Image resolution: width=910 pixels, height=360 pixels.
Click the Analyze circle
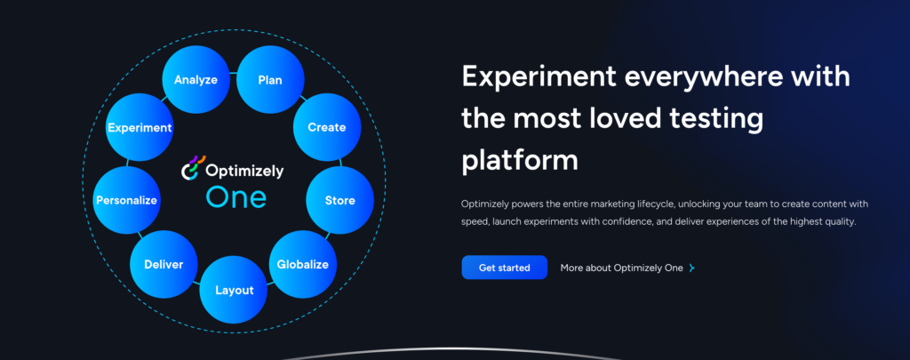click(x=196, y=80)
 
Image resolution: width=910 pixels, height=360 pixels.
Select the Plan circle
click(x=270, y=80)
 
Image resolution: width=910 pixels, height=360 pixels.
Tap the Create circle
click(x=326, y=127)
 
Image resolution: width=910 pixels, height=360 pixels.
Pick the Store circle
click(x=339, y=200)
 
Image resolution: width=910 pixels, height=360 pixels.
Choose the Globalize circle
click(x=302, y=264)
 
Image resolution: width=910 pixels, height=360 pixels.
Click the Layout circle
click(x=234, y=290)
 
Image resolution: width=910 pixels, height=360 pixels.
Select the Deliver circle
click(x=164, y=264)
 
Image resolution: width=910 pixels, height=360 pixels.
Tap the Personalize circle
click(x=126, y=200)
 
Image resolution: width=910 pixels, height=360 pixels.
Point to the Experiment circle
click(x=140, y=127)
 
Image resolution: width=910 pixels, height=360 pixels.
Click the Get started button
click(x=504, y=268)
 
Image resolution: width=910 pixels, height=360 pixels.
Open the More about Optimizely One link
click(x=621, y=268)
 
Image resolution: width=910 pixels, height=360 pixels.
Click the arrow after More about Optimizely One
click(x=691, y=268)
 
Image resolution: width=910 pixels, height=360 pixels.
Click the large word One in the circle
click(x=235, y=196)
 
